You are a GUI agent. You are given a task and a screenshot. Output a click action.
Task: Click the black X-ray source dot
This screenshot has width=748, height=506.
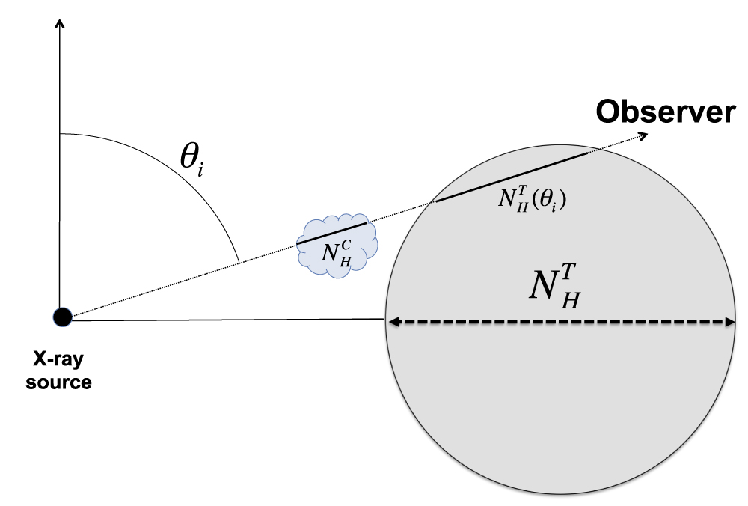coord(62,317)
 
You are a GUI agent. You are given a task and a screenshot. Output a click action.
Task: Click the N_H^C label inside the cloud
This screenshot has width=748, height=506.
coord(336,253)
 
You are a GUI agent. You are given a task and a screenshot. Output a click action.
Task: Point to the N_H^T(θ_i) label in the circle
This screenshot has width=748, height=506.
coord(531,198)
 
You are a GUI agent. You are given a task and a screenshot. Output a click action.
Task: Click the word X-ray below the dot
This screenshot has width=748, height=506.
coord(58,360)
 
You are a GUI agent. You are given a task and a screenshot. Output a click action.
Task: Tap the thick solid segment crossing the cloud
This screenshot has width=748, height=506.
coord(332,233)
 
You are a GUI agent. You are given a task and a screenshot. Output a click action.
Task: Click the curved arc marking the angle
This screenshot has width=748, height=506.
coord(194,180)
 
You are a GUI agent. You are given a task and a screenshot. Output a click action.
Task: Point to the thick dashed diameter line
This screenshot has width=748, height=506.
coord(561,323)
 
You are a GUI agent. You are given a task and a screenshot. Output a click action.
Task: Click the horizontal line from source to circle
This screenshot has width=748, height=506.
coord(224,320)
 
